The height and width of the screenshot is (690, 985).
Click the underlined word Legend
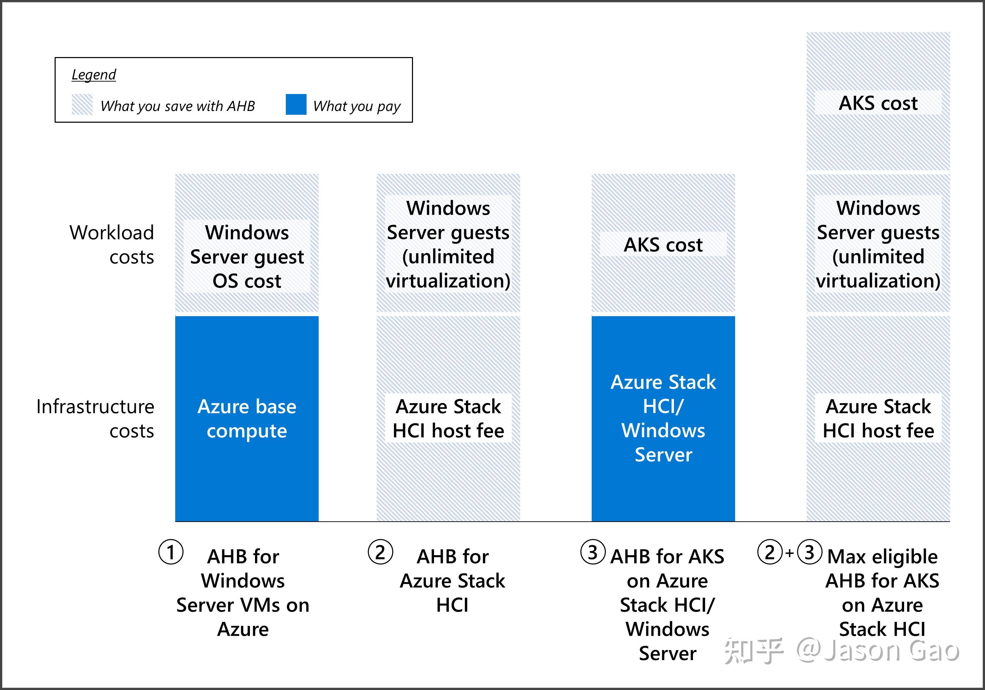point(94,75)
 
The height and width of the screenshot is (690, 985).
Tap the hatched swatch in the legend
point(82,105)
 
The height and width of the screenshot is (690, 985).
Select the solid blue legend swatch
point(296,105)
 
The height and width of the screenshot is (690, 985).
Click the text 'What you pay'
point(357,106)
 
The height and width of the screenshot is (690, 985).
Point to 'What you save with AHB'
point(178,106)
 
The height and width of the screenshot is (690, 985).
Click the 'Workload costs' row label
point(112,245)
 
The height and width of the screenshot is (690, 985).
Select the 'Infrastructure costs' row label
point(96,418)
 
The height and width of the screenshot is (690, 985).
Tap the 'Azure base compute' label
point(247,418)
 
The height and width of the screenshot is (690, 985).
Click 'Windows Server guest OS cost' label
point(247,257)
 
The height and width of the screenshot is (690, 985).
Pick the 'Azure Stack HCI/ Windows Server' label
point(663,418)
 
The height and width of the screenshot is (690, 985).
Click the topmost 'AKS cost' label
point(878,103)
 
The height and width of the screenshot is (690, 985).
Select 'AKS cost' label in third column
point(663,245)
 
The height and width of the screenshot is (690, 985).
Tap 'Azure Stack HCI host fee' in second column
point(448,418)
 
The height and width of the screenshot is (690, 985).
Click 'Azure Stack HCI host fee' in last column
point(878,418)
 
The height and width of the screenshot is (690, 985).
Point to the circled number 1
point(171,552)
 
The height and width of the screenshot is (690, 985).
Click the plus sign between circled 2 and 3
point(789,553)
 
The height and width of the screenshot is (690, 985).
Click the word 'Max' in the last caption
point(846,557)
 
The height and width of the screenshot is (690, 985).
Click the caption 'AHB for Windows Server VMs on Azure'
point(243,593)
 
